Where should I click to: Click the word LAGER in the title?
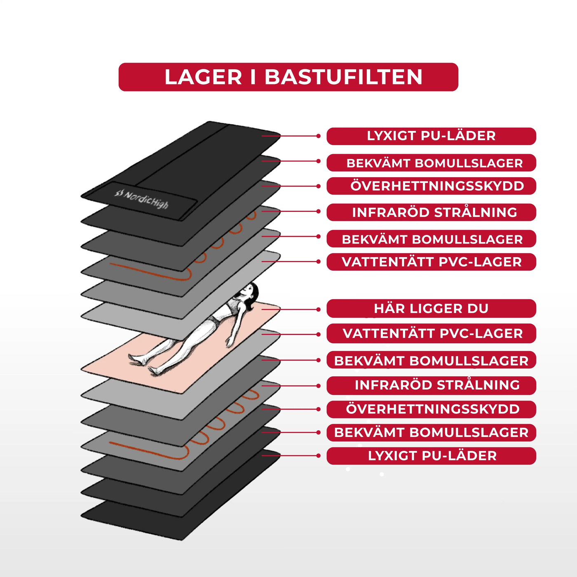tap(203, 77)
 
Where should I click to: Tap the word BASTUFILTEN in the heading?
tap(343, 77)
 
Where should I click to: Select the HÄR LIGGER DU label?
tap(431, 309)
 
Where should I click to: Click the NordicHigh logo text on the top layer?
tap(146, 199)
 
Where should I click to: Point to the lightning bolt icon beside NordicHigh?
tap(119, 192)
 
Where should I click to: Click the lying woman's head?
tap(249, 292)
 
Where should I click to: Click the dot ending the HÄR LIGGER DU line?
tap(318, 309)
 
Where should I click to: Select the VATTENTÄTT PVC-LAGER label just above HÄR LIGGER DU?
tap(431, 262)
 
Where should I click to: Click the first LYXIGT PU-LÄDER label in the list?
tap(431, 136)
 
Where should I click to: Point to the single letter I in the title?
tap(253, 77)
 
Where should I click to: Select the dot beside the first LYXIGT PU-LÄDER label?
tap(318, 136)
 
